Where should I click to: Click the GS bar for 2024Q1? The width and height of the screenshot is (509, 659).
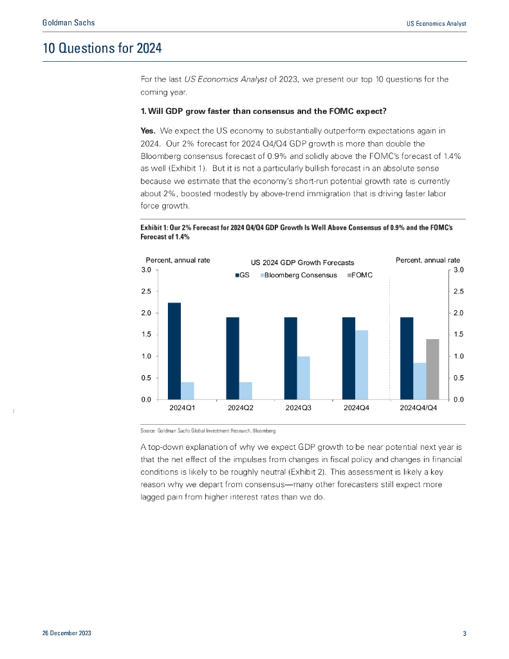click(174, 351)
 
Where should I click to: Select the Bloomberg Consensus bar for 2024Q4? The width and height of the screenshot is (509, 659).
click(362, 365)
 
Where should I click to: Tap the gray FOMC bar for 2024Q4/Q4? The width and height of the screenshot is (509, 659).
click(432, 369)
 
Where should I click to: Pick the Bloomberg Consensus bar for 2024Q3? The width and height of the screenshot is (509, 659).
click(304, 378)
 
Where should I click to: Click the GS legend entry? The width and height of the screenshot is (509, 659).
click(241, 275)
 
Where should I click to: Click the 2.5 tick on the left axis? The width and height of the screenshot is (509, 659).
click(146, 292)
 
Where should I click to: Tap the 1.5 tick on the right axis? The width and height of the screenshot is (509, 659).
click(458, 335)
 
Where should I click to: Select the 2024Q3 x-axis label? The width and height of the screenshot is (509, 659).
click(298, 408)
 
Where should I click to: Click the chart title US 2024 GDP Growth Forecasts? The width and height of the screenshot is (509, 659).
click(302, 262)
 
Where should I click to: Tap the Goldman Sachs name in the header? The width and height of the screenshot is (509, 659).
click(68, 23)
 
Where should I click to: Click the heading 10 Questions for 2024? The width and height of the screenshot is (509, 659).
click(102, 48)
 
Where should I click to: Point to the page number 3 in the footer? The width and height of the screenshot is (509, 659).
click(464, 634)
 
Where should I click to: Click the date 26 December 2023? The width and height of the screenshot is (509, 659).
click(66, 634)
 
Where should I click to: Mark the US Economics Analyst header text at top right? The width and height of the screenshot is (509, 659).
click(436, 23)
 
